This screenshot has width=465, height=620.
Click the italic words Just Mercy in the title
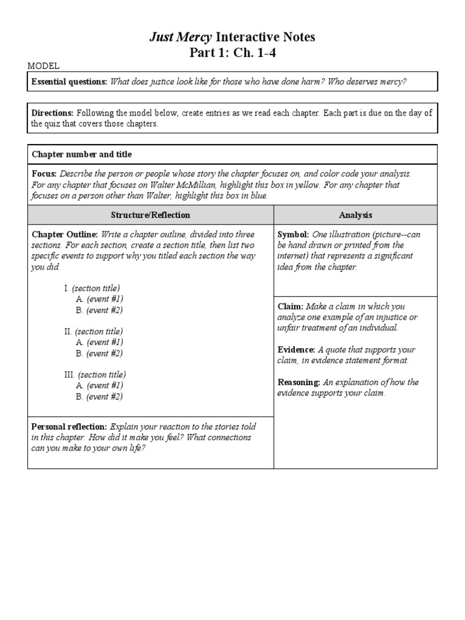tap(180, 38)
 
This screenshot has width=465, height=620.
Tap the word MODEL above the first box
tap(44, 66)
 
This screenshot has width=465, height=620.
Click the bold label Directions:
tap(52, 113)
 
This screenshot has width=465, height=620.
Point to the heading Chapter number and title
tap(81, 154)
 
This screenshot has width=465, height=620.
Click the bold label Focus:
tap(44, 173)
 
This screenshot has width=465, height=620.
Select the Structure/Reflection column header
tap(150, 215)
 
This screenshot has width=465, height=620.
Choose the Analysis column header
tap(355, 215)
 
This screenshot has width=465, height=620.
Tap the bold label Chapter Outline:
tap(65, 234)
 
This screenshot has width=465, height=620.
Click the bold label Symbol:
tap(293, 234)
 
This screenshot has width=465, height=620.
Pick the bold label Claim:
tap(291, 306)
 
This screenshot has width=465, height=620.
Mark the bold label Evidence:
tap(296, 350)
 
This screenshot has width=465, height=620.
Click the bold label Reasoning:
tap(298, 383)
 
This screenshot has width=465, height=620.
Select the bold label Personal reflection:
tap(70, 426)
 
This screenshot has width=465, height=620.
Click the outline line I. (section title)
tap(92, 288)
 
